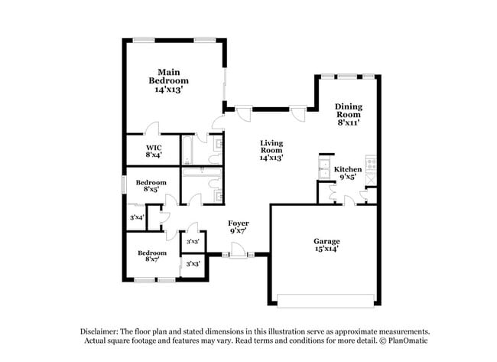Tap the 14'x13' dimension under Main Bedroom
point(168,90)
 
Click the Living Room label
point(271,150)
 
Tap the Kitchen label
point(348,169)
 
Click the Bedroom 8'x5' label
point(151,186)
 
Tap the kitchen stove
point(372,162)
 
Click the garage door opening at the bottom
point(326,296)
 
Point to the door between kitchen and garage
point(349,201)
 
